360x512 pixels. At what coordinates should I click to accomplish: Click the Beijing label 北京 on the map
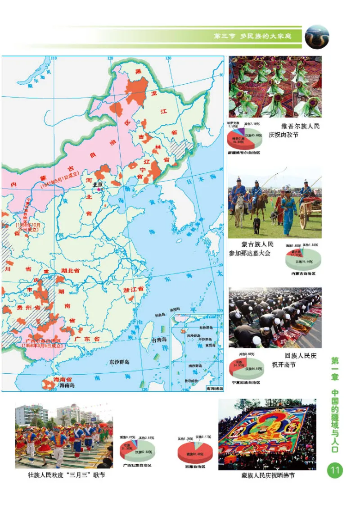[x=97, y=184]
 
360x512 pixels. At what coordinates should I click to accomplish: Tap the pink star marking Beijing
[x=99, y=190]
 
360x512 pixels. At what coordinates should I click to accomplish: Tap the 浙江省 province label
[x=133, y=290]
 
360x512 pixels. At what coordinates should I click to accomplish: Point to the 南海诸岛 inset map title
[x=213, y=388]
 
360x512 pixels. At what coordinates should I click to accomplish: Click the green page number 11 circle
[x=335, y=471]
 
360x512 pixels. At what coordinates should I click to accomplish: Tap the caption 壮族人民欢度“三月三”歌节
[x=66, y=475]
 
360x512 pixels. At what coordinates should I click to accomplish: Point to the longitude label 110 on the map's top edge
[x=54, y=58]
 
